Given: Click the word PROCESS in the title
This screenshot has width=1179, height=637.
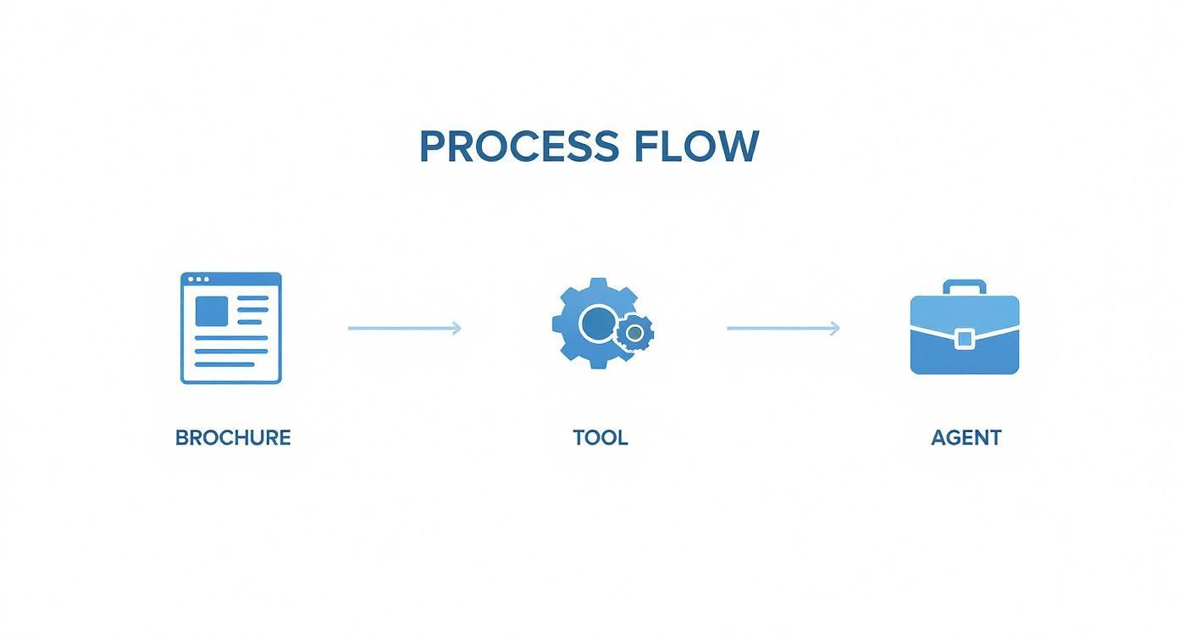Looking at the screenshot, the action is point(519,146).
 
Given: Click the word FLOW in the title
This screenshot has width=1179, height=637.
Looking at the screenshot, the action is point(697,146).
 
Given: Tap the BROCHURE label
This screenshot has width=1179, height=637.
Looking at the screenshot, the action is point(233,437).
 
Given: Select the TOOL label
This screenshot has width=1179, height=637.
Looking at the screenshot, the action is point(600,437).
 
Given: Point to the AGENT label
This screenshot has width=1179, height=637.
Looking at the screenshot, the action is point(966,437).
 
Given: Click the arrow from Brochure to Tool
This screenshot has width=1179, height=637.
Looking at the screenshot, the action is point(404,328).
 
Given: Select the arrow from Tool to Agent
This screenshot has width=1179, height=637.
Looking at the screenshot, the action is point(783,328).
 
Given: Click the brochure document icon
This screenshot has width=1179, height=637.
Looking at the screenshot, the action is point(231,328).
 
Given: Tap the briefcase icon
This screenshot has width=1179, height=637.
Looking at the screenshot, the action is point(965,327).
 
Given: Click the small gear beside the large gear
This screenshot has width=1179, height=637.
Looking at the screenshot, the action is point(634,332).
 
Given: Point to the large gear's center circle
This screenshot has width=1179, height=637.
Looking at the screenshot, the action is point(598,324).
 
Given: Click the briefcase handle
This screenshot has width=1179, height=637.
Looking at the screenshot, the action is point(964,287).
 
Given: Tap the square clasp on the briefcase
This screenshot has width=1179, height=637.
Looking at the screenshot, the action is point(964,339).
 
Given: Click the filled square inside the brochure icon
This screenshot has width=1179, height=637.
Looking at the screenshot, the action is point(212,311).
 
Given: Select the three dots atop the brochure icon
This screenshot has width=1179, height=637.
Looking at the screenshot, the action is point(198,279).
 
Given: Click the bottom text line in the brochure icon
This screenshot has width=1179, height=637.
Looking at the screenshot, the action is point(224,364).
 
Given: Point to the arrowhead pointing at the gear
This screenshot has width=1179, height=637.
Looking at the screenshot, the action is point(456,328).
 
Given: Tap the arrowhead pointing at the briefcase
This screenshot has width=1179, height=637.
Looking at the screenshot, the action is point(835,328).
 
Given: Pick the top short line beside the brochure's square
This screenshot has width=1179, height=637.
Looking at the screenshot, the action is point(253,298).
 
